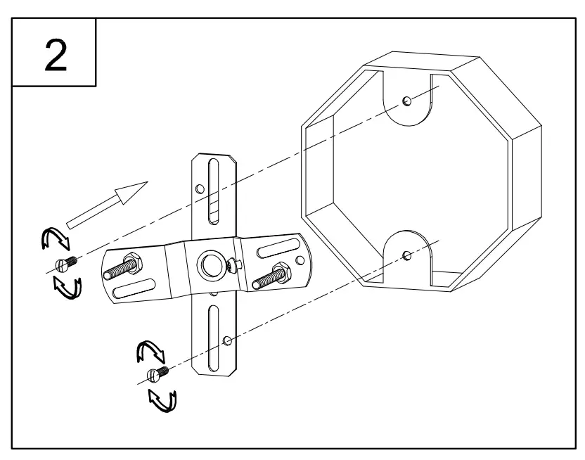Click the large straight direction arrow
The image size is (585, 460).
coord(107,204)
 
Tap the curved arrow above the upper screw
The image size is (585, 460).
coord(55,239)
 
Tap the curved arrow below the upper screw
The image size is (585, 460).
coord(68,287)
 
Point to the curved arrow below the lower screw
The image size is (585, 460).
coord(163,400)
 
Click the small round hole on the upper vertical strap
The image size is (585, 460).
coord(200,189)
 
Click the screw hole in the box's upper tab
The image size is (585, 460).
coord(407,101)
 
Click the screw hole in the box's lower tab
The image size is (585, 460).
coord(407,254)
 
